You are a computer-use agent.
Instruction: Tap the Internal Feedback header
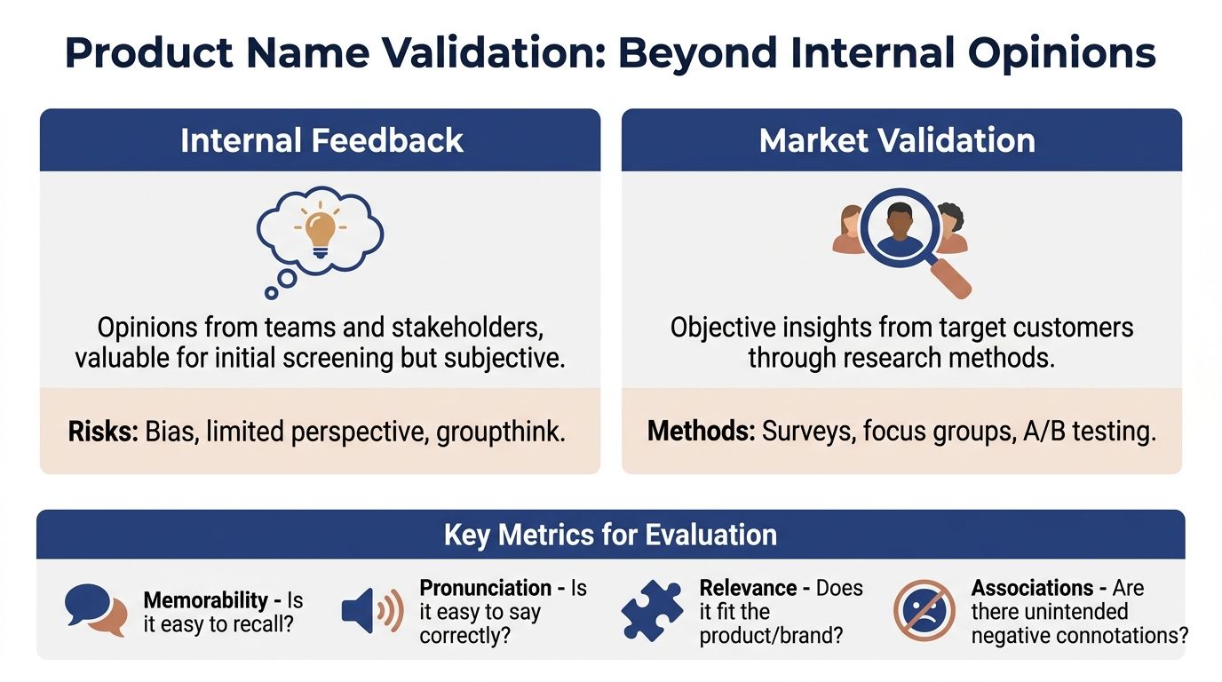click(321, 141)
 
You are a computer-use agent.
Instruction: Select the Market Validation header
click(897, 141)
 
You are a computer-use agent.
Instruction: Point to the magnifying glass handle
click(949, 277)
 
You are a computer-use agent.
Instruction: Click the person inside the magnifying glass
click(900, 228)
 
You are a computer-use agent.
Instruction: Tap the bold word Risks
click(103, 432)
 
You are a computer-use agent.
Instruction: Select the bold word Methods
click(701, 431)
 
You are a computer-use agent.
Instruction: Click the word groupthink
click(501, 432)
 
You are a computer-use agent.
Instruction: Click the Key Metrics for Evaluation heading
click(610, 535)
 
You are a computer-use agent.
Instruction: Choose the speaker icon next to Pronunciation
click(373, 611)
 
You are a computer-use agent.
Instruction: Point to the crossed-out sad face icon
click(924, 610)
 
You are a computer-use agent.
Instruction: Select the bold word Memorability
click(206, 600)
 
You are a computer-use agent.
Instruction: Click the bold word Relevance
click(748, 588)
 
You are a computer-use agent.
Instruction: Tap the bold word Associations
click(1032, 588)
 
